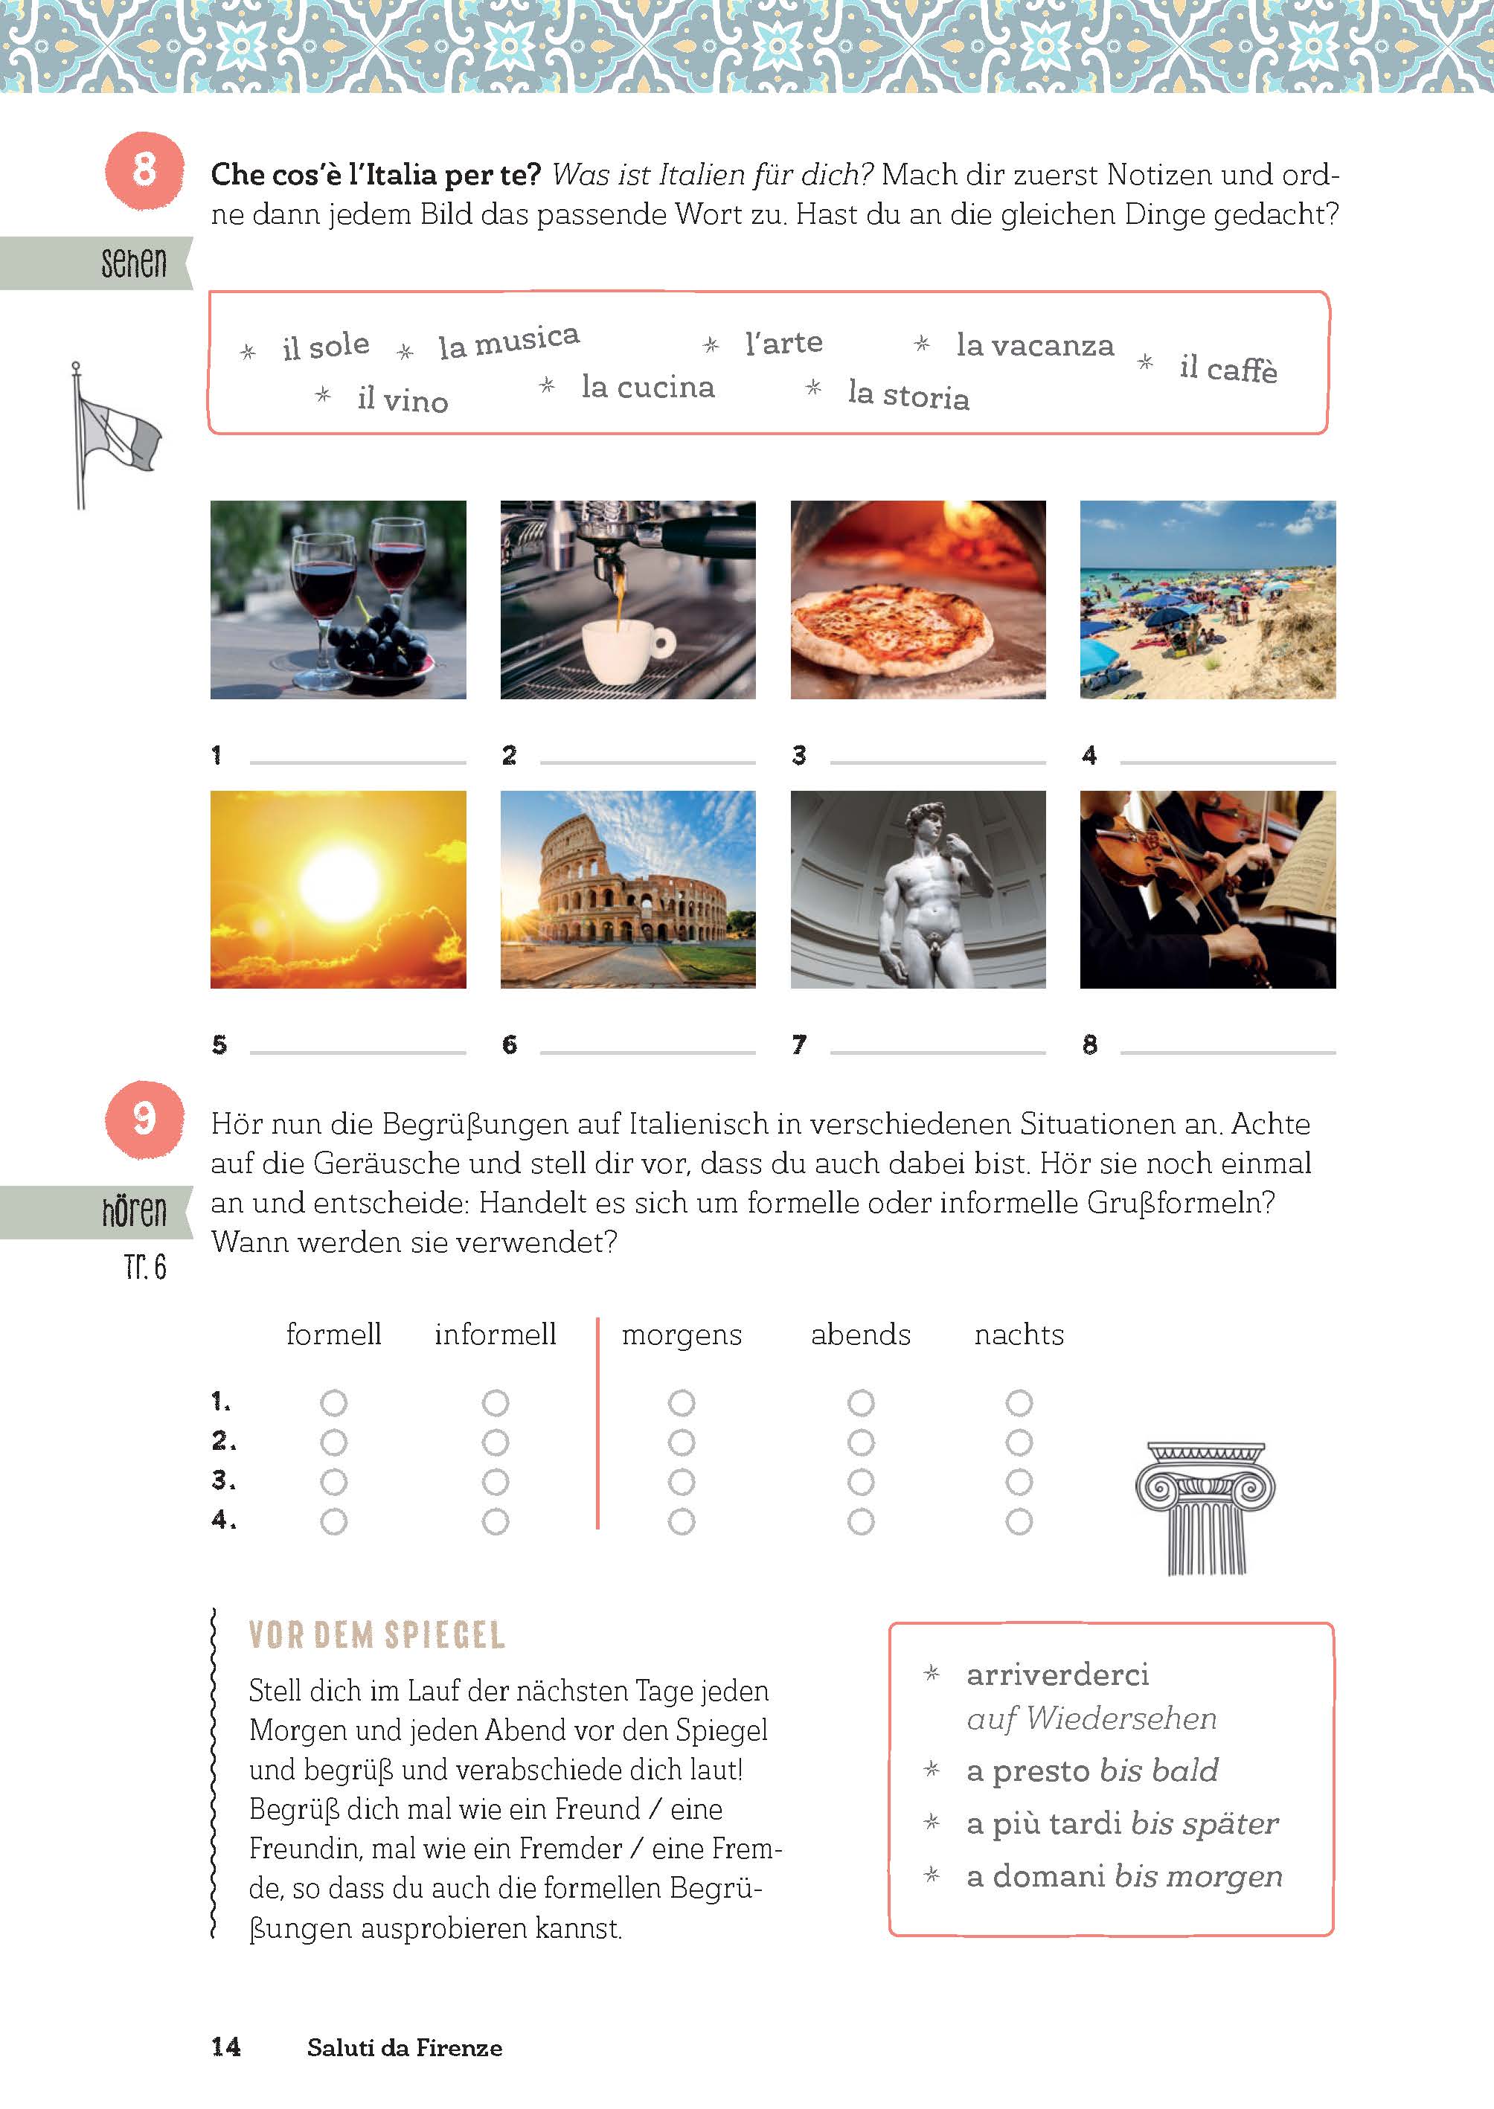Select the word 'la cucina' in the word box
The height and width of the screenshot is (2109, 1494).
(647, 388)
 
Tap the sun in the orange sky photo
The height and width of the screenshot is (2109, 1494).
(339, 880)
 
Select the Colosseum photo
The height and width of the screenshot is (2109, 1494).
(627, 890)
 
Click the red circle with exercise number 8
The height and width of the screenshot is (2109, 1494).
(144, 169)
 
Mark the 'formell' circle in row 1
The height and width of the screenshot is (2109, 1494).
(333, 1402)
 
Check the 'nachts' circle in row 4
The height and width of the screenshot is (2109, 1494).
(1019, 1522)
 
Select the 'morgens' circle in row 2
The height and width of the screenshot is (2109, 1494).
(681, 1442)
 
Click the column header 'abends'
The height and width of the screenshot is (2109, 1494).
(860, 1334)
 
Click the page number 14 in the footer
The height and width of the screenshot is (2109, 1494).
(225, 2047)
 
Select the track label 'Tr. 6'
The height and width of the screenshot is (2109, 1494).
(145, 1268)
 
